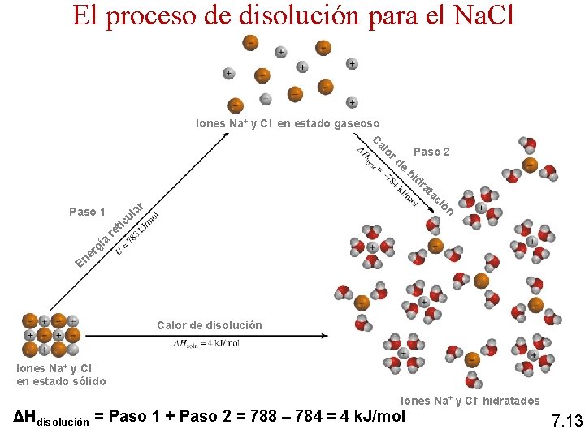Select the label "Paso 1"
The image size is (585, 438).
(x=87, y=212)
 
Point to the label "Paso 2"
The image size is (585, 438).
(x=431, y=152)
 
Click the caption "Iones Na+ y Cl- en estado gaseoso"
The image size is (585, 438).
(x=288, y=123)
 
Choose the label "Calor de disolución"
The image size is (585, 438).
(x=210, y=325)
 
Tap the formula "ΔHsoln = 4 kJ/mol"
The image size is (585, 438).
(x=206, y=343)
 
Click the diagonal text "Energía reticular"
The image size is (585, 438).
(x=110, y=235)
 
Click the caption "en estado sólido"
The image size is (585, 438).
(x=61, y=381)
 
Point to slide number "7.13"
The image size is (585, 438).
(x=566, y=421)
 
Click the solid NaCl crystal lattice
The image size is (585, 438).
(x=50, y=335)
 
